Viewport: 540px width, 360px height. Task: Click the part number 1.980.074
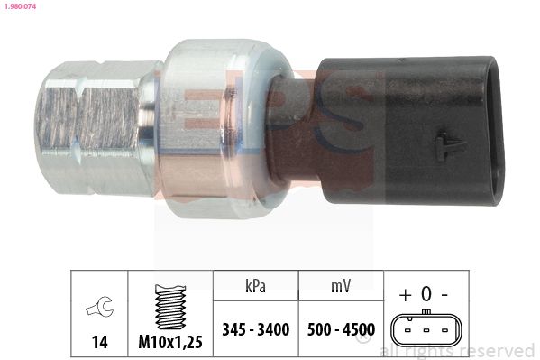point(20,6)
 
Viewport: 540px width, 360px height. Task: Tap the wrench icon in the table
point(99,307)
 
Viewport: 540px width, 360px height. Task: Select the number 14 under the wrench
point(99,342)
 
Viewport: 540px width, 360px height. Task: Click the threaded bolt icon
point(170,307)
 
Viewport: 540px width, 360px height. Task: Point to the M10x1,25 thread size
point(170,342)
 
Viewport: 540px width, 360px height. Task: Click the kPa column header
point(255,286)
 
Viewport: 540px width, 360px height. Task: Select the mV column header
point(341,286)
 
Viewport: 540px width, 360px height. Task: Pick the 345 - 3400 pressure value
point(256,329)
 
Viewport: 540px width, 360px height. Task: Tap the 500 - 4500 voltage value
point(341,329)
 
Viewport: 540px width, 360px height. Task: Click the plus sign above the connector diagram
point(406,295)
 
